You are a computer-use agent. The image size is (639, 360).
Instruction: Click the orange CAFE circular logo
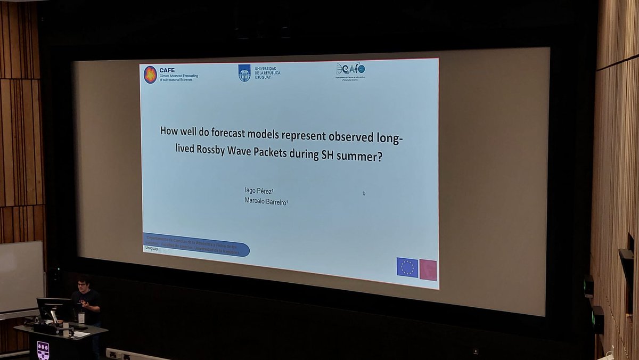point(150,75)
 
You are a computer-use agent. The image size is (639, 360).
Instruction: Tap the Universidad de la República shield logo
point(244,72)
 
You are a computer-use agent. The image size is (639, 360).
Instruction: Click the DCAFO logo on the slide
point(350,69)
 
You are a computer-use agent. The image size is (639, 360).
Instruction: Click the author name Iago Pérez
point(259,190)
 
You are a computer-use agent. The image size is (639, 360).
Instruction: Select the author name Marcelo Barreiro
point(266,201)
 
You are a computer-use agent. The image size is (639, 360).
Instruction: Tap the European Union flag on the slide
point(407,267)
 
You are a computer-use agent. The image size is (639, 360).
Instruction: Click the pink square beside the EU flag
point(428,270)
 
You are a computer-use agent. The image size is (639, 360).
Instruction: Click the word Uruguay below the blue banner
point(152,249)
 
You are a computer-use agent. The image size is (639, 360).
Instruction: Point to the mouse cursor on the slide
point(364,193)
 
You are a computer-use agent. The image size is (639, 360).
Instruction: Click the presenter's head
point(84,284)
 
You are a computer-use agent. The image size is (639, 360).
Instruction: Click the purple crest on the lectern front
point(43,350)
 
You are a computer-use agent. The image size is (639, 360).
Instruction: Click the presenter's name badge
point(81,317)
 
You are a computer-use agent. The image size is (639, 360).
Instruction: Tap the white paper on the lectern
point(81,334)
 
